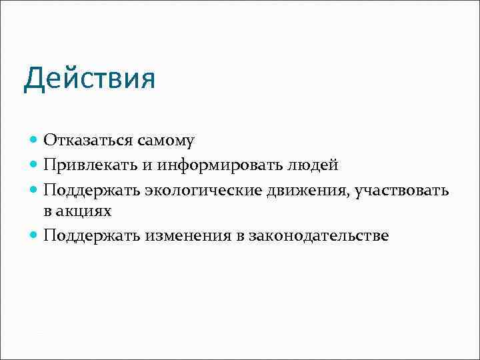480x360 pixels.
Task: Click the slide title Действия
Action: (89, 79)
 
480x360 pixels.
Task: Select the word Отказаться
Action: (89, 140)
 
